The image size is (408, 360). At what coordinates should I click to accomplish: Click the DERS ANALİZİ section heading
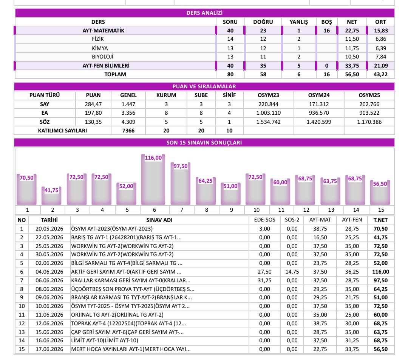coord(204,13)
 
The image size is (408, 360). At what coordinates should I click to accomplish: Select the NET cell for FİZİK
coord(352,39)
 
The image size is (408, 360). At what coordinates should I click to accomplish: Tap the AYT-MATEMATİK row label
coord(103,31)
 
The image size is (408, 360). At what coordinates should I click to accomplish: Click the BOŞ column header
coord(326,22)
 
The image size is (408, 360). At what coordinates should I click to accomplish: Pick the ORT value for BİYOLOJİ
coord(381,57)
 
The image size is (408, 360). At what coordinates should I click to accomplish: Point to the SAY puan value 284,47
coord(93,104)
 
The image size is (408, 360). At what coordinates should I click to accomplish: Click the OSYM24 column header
coord(319,95)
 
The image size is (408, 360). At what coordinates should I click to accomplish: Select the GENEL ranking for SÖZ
coord(128,122)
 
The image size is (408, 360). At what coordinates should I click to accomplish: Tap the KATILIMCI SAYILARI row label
coord(62,131)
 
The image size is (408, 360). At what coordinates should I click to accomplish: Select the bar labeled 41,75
coord(51,196)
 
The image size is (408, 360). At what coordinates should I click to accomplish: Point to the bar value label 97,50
coord(181,166)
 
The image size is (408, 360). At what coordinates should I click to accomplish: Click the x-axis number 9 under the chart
coord(231,210)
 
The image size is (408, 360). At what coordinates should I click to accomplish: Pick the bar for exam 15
coord(380,192)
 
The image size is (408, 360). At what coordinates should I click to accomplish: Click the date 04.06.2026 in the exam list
coord(49,272)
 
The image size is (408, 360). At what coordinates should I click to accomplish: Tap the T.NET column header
coord(380,220)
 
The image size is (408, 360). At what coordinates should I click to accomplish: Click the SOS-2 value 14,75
coord(292,272)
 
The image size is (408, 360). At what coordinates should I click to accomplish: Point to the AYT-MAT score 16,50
coord(320,237)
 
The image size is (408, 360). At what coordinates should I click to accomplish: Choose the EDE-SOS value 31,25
coord(264,280)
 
